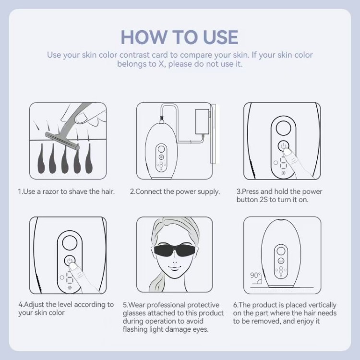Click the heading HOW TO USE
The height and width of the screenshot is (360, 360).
pyautogui.click(x=180, y=37)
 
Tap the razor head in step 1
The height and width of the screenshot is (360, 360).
pyautogui.click(x=62, y=141)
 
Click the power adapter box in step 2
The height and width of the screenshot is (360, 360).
pyautogui.click(x=202, y=122)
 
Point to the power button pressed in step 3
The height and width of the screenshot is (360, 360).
pyautogui.click(x=284, y=145)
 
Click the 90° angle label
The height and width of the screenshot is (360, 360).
pyautogui.click(x=255, y=275)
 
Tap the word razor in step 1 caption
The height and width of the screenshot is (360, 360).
pyautogui.click(x=51, y=192)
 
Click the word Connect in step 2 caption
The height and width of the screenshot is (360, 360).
pyautogui.click(x=148, y=192)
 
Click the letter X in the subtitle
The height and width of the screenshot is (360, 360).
pyautogui.click(x=161, y=64)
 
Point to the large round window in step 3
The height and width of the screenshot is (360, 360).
pyautogui.click(x=283, y=128)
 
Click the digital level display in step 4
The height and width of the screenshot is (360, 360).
pyautogui.click(x=69, y=277)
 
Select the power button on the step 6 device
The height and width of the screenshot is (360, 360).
pyautogui.click(x=281, y=261)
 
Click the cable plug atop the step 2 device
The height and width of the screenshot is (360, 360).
pyautogui.click(x=162, y=119)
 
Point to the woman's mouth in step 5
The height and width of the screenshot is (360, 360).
pyautogui.click(x=174, y=268)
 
